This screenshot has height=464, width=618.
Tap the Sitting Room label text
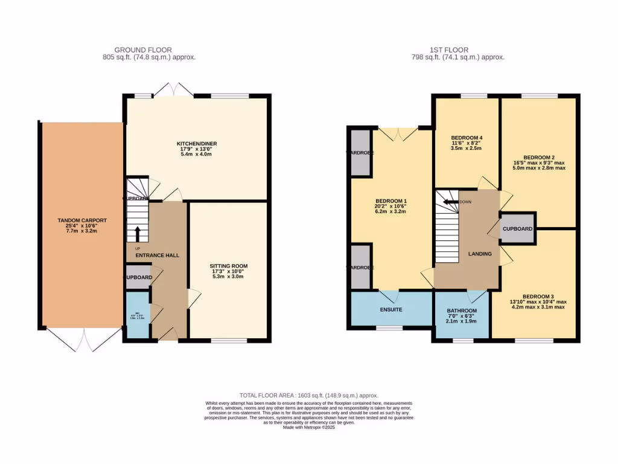[229, 266]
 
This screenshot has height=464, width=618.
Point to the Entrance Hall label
[157, 256]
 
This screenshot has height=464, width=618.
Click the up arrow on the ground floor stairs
[137, 233]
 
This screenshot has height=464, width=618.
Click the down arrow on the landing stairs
[447, 202]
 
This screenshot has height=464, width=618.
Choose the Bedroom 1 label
[391, 201]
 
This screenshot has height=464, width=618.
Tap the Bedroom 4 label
[467, 138]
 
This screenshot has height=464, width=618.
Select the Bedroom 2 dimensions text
[540, 165]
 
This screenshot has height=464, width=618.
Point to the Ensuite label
[391, 309]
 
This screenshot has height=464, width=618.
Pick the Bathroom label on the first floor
[462, 311]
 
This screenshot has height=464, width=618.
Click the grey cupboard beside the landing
[518, 229]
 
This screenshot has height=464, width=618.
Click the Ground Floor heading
[143, 50]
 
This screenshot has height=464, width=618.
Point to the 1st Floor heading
[450, 50]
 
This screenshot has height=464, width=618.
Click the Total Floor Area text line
[308, 395]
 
